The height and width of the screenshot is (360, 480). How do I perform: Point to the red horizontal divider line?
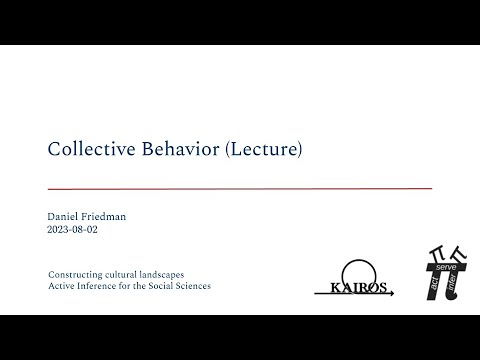point(240,188)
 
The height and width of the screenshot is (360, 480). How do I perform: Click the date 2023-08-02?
point(73,229)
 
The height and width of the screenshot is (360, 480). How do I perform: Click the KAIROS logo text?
point(358,287)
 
